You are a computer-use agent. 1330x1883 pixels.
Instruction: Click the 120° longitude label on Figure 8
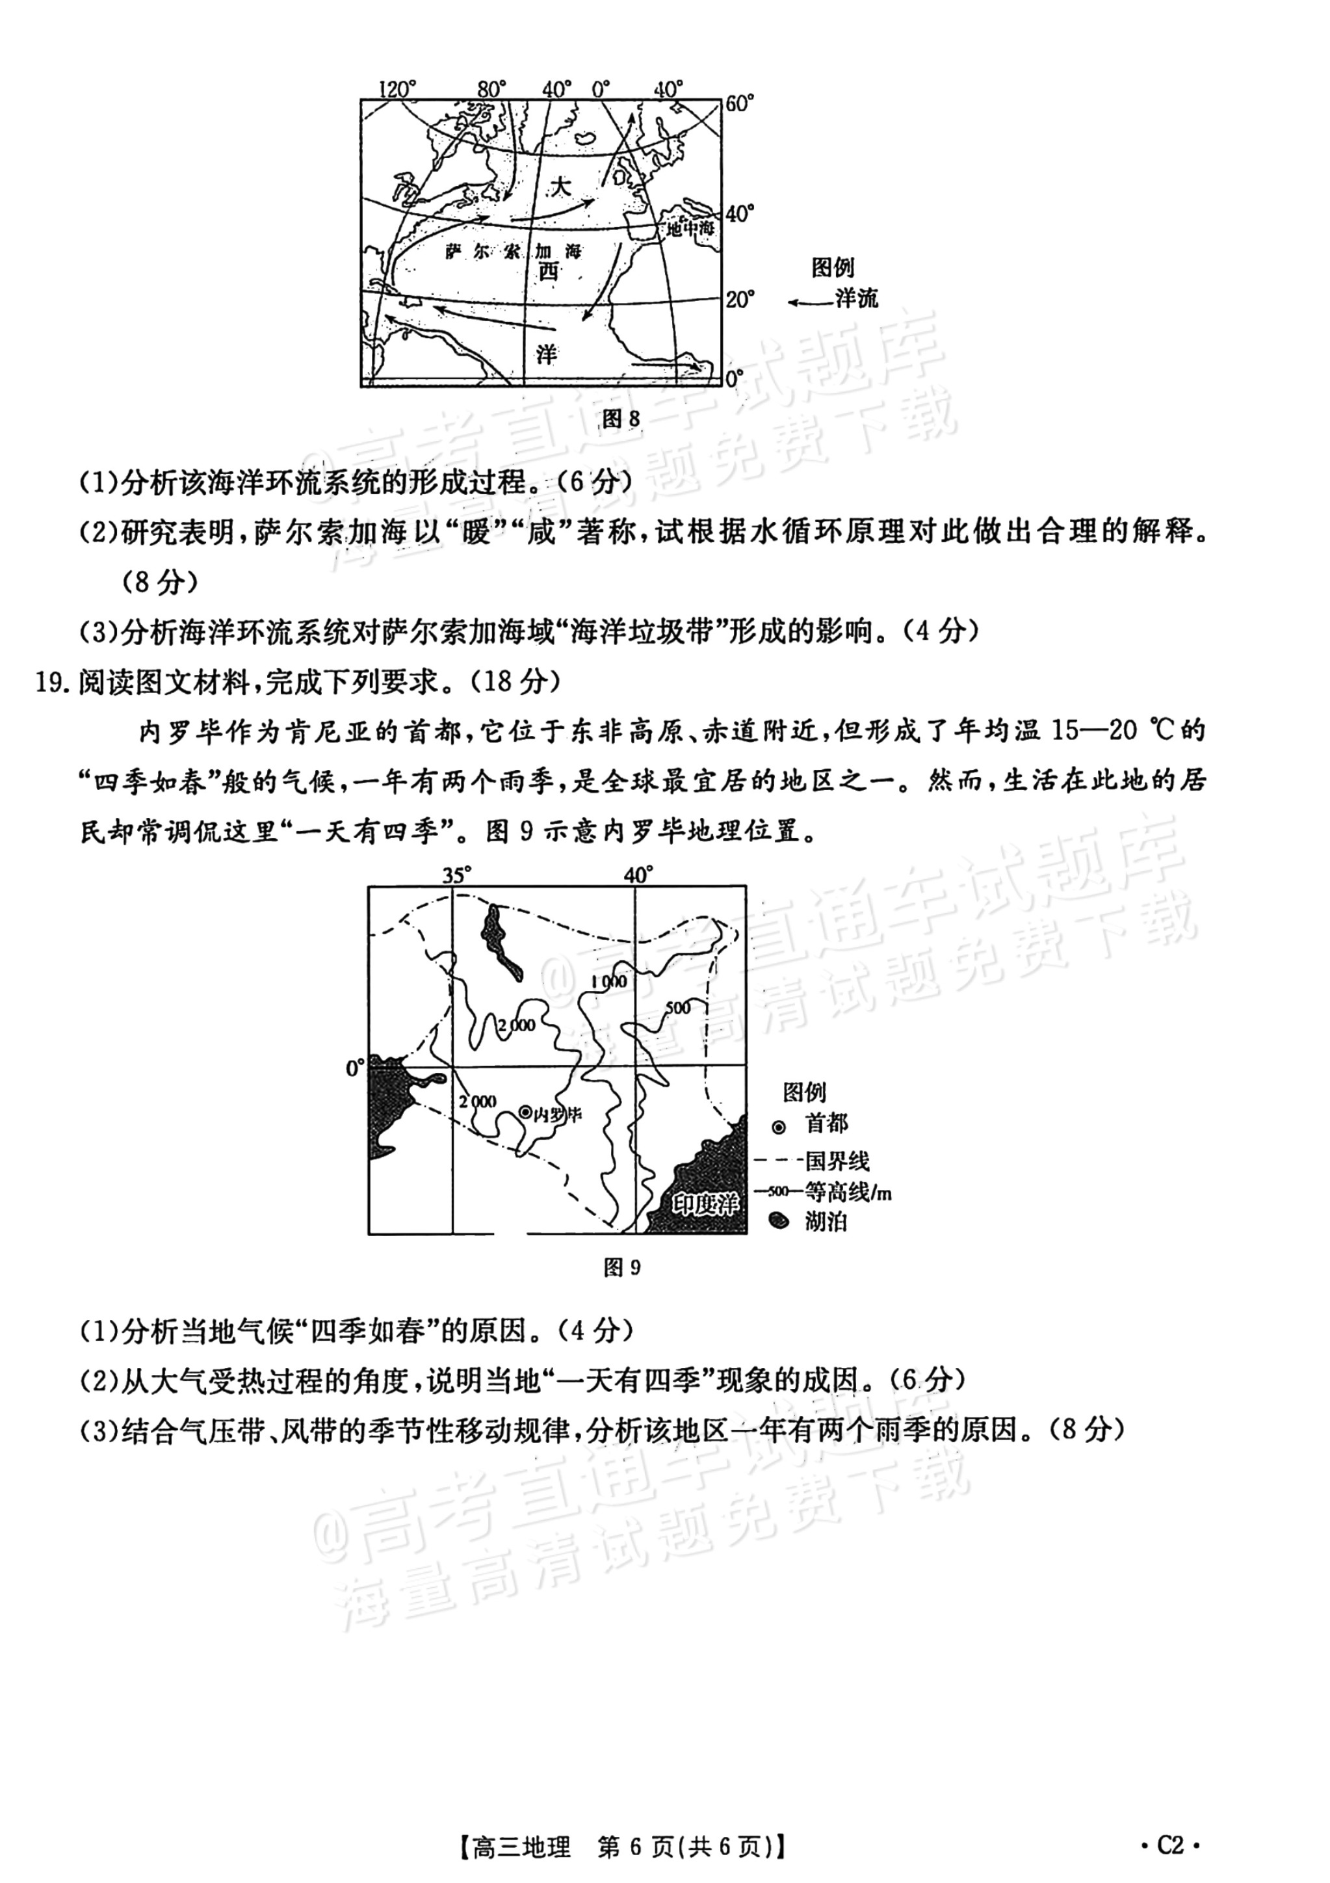click(x=398, y=88)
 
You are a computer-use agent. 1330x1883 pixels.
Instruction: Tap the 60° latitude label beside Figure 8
click(x=739, y=104)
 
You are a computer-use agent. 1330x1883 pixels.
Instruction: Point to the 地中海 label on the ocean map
click(x=690, y=229)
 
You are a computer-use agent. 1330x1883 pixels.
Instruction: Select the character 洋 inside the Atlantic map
click(x=547, y=354)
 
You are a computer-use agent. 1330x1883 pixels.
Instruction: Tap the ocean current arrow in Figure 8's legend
click(x=809, y=302)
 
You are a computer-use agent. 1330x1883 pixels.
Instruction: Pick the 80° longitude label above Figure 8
click(x=492, y=88)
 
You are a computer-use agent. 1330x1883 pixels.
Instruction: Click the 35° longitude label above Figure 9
click(x=457, y=875)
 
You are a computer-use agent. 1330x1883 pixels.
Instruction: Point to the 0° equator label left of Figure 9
click(x=354, y=1068)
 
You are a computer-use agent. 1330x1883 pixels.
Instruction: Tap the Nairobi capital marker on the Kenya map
click(x=526, y=1113)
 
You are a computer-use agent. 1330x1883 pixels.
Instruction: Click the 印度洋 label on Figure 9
click(x=705, y=1204)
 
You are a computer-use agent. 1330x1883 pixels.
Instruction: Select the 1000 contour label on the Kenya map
click(x=608, y=982)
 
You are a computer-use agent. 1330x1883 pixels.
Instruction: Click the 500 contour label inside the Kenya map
click(x=678, y=1007)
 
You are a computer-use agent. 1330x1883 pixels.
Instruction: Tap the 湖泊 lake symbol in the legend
click(x=778, y=1221)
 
